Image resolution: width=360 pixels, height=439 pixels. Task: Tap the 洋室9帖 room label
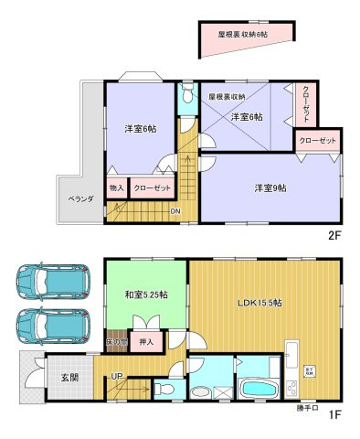pyautogui.click(x=270, y=188)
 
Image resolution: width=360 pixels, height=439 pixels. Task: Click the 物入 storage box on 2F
pyautogui.click(x=116, y=187)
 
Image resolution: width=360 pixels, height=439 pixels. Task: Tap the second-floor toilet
pyautogui.click(x=187, y=95)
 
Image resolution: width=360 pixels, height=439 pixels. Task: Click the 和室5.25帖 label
pyautogui.click(x=145, y=294)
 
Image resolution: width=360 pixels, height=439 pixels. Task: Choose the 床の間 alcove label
pyautogui.click(x=115, y=342)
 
